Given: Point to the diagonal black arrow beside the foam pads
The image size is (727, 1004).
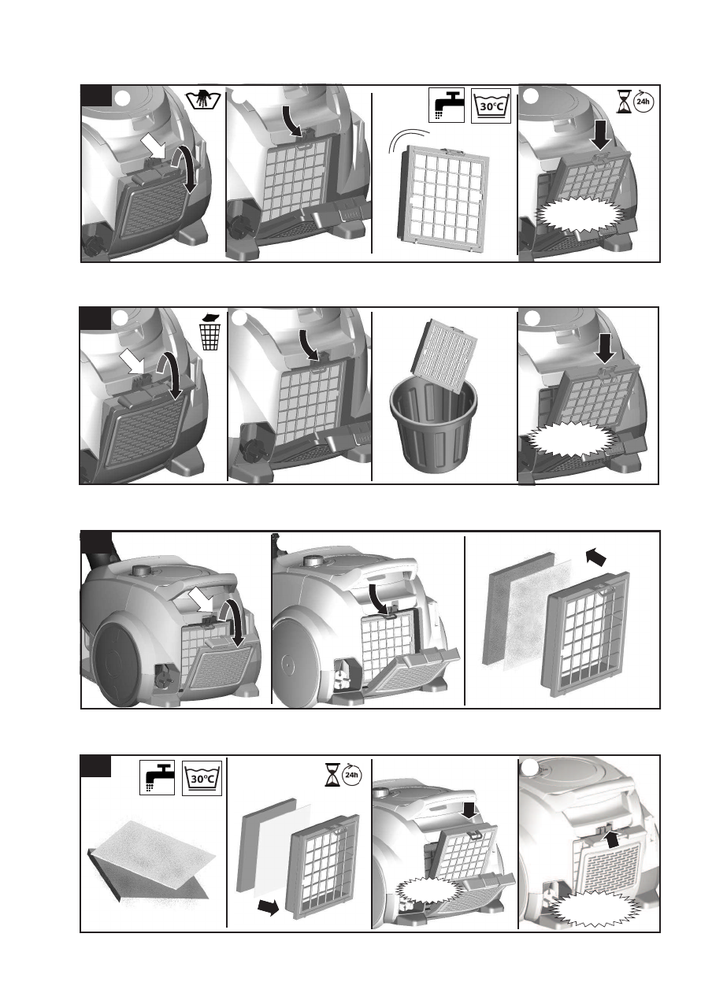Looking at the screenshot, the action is pyautogui.click(x=598, y=558).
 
